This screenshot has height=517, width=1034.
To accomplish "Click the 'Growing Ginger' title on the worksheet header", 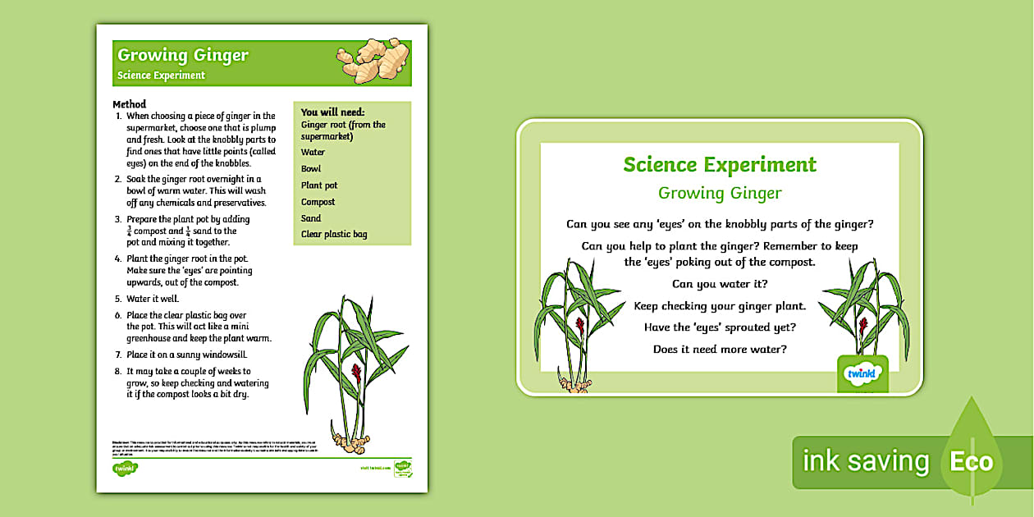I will point(182,56).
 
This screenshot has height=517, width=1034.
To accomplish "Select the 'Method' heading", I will point(129,104).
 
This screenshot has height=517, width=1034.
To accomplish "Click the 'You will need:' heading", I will point(332,112).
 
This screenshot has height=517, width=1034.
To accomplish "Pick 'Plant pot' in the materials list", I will point(319,185).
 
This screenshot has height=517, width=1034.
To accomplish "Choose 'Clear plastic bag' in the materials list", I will point(334,235).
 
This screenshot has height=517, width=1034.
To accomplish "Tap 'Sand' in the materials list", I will point(311,218).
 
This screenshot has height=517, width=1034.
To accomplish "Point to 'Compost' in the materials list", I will point(318,202).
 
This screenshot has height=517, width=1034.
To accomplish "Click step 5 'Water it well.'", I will point(153,299).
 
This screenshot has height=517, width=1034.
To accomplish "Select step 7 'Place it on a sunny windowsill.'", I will point(186,355).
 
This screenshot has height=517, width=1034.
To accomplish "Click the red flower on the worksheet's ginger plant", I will point(355,374).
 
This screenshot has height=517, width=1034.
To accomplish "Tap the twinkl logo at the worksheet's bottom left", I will point(125,468).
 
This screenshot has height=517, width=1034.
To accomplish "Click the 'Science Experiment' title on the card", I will point(720,164).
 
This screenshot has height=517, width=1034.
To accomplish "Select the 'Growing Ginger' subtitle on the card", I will point(720,194).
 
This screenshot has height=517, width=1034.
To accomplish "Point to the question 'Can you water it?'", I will point(720,284).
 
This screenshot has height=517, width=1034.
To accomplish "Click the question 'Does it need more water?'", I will point(720,350).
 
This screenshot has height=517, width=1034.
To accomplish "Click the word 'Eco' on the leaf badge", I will point(972,461).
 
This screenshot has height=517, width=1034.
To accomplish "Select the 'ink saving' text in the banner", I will point(865,461).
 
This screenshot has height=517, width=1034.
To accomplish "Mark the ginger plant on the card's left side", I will point(572,320).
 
